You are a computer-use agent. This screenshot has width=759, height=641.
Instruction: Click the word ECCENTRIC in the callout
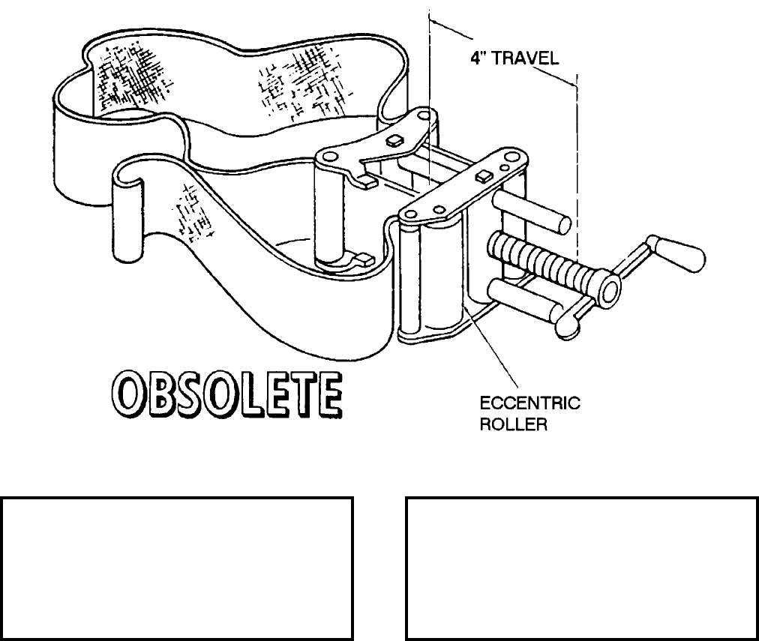[529, 404]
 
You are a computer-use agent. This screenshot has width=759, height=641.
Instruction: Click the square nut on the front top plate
[484, 177]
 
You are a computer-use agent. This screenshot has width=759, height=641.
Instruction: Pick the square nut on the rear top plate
[394, 140]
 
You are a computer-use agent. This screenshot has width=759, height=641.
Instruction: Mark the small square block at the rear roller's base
[364, 259]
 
